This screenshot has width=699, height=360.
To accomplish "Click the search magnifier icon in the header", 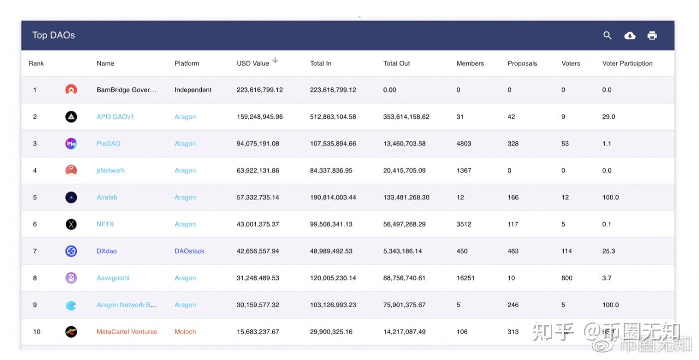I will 607,35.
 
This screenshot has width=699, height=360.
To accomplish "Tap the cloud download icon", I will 630,35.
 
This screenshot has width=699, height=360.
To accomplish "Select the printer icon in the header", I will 652,35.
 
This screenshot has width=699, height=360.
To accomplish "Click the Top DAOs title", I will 53,35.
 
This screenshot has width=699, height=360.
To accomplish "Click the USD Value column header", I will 253,63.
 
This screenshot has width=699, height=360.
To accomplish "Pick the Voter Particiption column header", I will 627,63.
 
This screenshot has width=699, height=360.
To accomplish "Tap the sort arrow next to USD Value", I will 275,60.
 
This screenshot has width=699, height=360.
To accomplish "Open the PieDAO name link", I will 108,144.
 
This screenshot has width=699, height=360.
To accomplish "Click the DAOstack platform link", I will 189,251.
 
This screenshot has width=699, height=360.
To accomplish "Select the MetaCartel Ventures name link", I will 127,332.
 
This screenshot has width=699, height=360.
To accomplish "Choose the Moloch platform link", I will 185,332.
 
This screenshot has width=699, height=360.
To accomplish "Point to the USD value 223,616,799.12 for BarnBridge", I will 260,90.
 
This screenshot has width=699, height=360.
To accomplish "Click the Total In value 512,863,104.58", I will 333,117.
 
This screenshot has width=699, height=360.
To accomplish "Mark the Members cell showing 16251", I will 465,278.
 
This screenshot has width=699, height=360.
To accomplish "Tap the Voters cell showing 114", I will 567,251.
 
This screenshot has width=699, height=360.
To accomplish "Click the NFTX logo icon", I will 71,224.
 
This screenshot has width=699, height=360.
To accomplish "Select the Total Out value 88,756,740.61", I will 404,278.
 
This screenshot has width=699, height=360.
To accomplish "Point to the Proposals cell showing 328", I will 513,144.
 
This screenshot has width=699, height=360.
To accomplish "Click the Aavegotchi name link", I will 113,278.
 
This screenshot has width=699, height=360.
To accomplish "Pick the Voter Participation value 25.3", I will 609,251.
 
